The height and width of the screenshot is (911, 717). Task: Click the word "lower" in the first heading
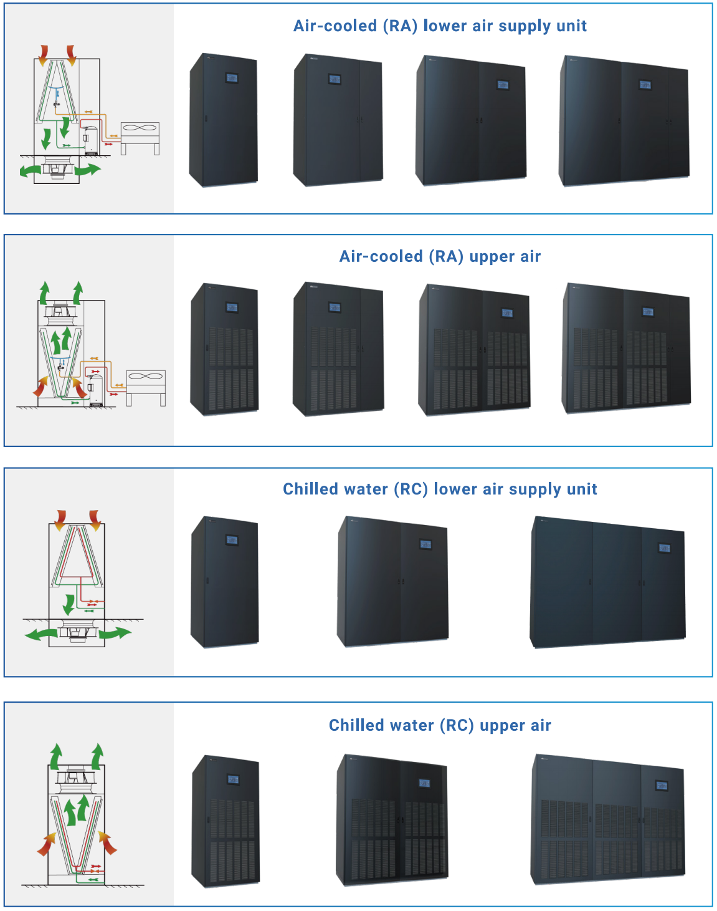tap(445, 26)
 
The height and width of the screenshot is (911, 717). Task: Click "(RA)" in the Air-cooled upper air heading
tap(447, 257)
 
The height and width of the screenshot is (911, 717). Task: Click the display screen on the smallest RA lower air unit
tap(232, 78)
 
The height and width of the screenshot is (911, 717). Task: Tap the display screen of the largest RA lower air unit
tap(645, 84)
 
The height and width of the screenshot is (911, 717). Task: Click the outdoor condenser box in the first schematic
tap(140, 133)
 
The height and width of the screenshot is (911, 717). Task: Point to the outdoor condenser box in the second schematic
tap(146, 381)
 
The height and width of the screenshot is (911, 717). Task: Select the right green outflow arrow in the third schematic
tap(116, 634)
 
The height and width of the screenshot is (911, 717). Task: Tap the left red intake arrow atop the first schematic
tap(43, 55)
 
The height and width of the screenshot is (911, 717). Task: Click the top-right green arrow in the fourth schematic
tap(97, 756)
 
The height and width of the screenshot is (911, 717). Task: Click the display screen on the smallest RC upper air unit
tap(233, 779)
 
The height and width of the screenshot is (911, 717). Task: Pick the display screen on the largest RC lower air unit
tap(665, 547)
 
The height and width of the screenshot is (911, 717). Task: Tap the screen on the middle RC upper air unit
tap(424, 783)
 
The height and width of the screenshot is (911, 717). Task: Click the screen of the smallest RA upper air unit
tap(232, 307)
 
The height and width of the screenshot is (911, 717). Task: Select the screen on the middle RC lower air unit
tap(425, 544)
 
